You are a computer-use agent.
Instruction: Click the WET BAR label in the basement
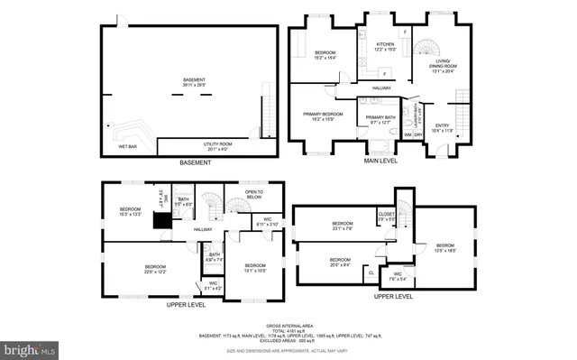(x=127, y=146)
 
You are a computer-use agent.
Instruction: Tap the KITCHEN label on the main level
(x=385, y=46)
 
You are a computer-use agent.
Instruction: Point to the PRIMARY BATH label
(x=378, y=118)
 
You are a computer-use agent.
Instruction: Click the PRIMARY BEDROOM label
(x=325, y=115)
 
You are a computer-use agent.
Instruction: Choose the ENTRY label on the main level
(x=442, y=128)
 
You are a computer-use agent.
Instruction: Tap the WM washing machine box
(x=408, y=134)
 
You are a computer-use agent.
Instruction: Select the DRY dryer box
(x=418, y=134)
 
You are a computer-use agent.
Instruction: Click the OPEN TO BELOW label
(x=253, y=194)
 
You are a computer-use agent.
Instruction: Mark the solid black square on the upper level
(x=162, y=219)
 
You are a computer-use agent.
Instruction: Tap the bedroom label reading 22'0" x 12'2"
(x=156, y=269)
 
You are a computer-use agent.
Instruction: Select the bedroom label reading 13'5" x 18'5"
(x=445, y=248)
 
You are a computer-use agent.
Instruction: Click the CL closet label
(x=371, y=272)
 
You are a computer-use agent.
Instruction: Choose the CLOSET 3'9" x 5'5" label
(x=385, y=217)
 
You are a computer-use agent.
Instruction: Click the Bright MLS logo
(x=30, y=348)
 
